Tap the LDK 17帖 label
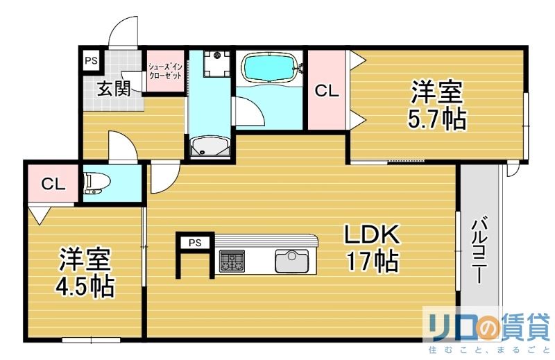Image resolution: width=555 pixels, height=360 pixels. (x=372, y=248)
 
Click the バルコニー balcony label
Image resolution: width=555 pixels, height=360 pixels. (x=479, y=250)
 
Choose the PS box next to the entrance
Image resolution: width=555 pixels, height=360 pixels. (x=91, y=60)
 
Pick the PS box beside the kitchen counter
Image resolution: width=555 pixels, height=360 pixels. (x=195, y=243)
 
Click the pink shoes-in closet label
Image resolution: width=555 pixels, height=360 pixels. (x=165, y=71)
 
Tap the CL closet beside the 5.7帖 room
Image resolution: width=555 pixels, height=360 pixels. (x=327, y=90)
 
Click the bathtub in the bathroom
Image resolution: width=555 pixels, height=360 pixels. (x=270, y=69)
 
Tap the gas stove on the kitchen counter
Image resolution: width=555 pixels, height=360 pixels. (x=231, y=262)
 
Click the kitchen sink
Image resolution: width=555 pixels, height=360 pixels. (x=291, y=261)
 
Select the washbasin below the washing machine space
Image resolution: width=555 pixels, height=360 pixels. (x=209, y=146)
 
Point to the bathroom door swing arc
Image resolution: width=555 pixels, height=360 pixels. (x=248, y=111)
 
